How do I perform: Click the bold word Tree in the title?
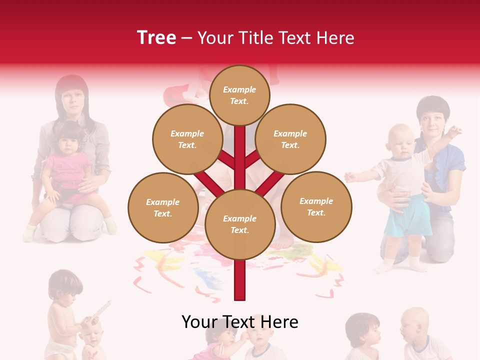point(156,37)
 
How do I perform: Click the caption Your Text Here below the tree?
point(239,322)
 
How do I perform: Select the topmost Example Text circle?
point(239,95)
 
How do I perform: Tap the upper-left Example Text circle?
point(187,139)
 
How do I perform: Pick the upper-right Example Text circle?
point(290,139)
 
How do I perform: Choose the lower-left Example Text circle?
point(163,207)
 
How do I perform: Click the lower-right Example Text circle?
point(316,206)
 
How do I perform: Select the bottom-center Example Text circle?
point(239,224)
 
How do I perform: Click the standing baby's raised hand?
point(455,131)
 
